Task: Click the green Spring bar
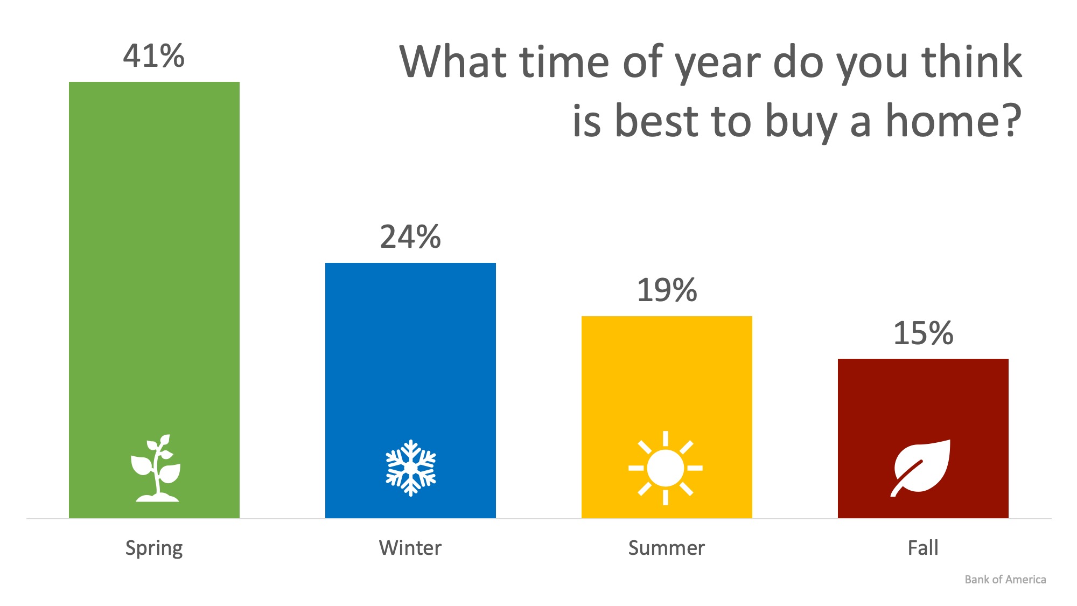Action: tap(154, 300)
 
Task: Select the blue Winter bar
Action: tap(410, 391)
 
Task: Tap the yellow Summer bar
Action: tap(667, 417)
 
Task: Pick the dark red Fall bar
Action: tap(923, 438)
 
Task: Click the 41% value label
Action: tap(154, 55)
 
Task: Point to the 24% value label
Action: tap(410, 236)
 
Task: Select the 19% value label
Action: tap(667, 290)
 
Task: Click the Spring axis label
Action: tap(154, 548)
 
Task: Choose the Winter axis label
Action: tap(410, 548)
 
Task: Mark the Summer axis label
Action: tap(667, 548)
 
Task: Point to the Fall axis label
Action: tap(923, 548)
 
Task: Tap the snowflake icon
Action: tap(411, 468)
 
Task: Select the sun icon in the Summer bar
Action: tap(666, 468)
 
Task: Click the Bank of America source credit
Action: tap(1005, 580)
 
